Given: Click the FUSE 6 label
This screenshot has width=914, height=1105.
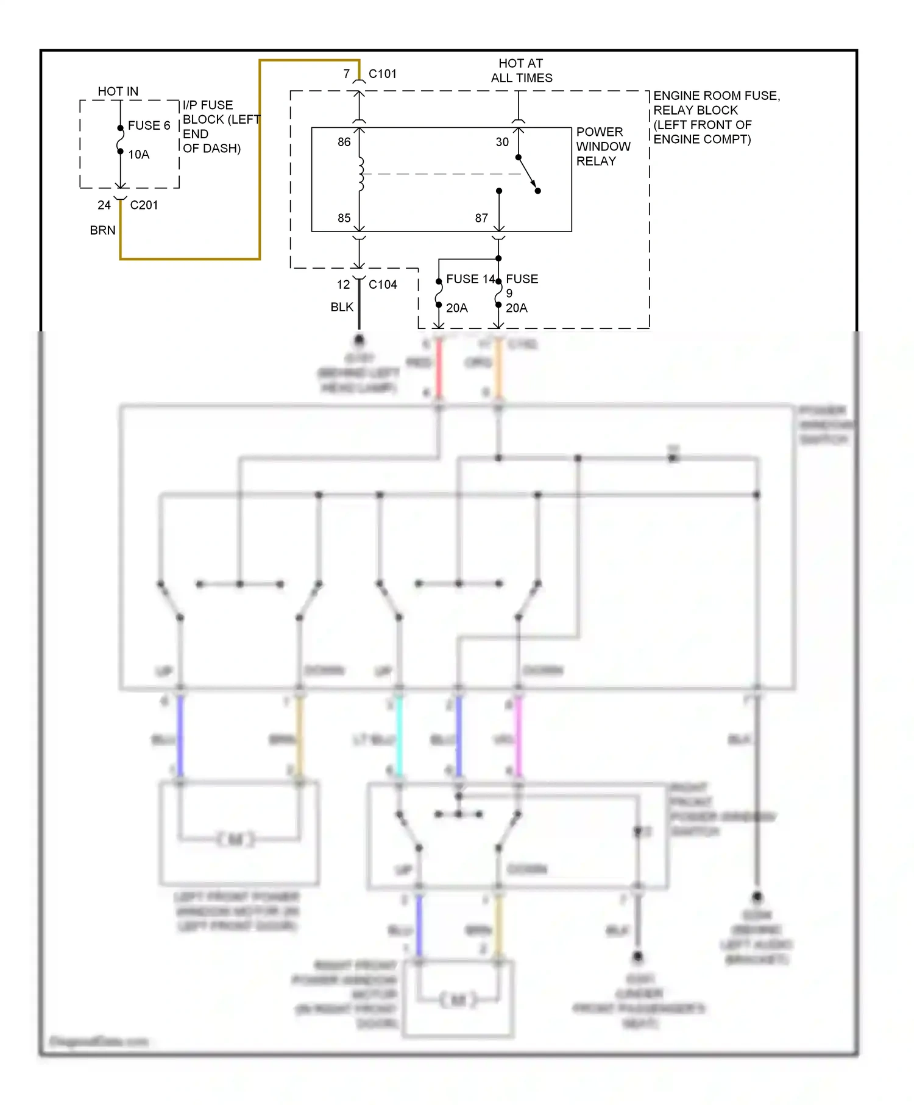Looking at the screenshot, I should (148, 125).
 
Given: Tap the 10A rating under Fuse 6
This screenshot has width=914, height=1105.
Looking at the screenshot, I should (138, 155).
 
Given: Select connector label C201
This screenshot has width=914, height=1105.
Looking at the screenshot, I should (144, 205).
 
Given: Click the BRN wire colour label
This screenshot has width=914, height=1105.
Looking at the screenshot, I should (102, 230).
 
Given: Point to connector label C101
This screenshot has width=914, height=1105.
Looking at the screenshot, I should (382, 74).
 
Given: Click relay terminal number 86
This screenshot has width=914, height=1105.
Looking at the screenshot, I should (344, 142).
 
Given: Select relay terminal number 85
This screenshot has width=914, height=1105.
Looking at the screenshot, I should (344, 218).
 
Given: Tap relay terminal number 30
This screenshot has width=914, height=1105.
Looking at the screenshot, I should (501, 142).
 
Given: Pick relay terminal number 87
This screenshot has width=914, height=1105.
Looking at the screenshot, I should (481, 218).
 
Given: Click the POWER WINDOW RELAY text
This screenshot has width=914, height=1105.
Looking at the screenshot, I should (603, 147).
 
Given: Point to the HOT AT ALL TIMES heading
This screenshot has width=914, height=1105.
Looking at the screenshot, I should (522, 71).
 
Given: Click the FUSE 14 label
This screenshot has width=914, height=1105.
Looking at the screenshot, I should (470, 279).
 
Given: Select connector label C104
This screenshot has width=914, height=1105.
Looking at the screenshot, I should (382, 284).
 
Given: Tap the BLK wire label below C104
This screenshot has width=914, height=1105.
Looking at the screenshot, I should (342, 307).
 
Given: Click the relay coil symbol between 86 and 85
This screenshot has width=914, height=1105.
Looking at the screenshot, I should (361, 174).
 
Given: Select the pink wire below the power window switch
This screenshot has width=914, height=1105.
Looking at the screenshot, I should (519, 737).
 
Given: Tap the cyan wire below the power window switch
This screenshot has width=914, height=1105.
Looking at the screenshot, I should (399, 737).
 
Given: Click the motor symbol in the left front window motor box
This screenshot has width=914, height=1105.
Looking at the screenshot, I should (235, 839).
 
